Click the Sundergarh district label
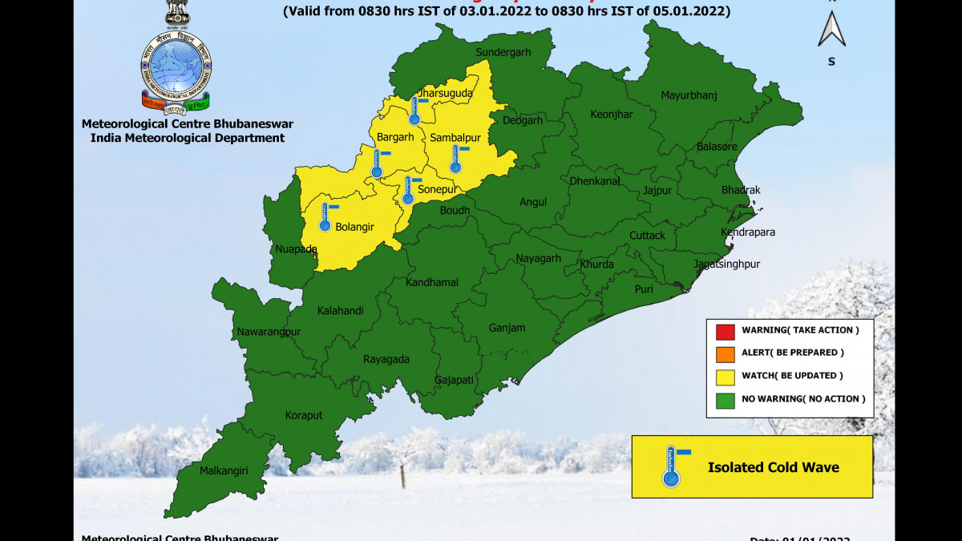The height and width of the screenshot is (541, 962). click(503, 53)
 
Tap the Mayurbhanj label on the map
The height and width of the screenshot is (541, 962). click(689, 95)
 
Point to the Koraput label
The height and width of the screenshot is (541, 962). click(304, 415)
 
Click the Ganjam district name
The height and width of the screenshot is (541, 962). click(507, 328)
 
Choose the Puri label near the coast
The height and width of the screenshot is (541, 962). click(644, 289)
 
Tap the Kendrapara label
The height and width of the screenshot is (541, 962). click(748, 232)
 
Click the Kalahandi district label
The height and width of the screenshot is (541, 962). click(340, 310)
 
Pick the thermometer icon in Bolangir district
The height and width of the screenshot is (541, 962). click(325, 217)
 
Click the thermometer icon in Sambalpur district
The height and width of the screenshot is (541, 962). click(455, 159)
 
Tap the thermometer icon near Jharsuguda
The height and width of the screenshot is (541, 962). click(414, 110)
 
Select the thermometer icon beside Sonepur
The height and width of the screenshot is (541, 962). click(407, 191)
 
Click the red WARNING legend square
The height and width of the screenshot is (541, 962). click(725, 330)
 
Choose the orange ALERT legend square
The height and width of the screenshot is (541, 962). click(725, 353)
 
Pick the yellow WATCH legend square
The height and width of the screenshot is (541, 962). click(725, 376)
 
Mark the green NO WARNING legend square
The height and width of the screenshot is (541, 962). click(725, 398)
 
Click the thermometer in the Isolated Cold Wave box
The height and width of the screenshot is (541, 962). click(671, 467)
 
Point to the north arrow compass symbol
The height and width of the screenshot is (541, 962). click(831, 30)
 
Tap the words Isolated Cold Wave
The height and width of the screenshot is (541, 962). click(773, 467)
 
